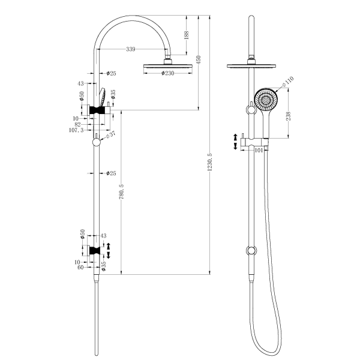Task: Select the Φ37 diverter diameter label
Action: (x=110, y=136)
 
